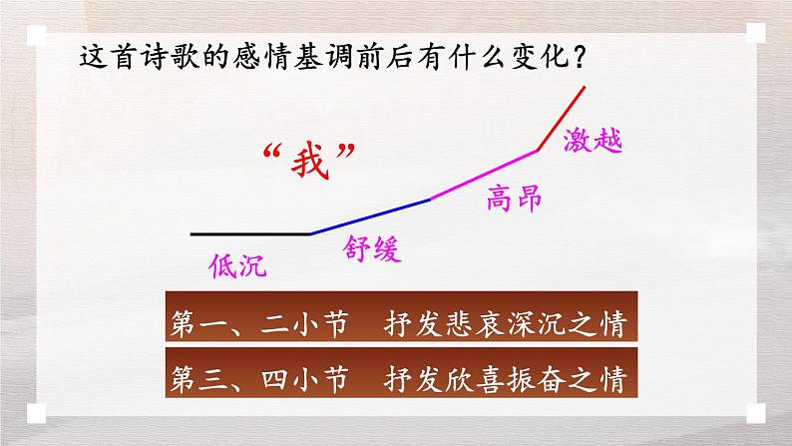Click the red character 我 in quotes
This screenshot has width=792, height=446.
[307, 160]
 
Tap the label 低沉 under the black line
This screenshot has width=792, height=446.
[239, 264]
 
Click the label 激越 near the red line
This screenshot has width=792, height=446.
[593, 140]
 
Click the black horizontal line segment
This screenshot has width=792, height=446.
[249, 233]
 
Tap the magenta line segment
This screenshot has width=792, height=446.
[484, 176]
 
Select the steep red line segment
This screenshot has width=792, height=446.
[562, 120]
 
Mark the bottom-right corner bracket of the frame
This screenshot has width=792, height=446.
[755, 411]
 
